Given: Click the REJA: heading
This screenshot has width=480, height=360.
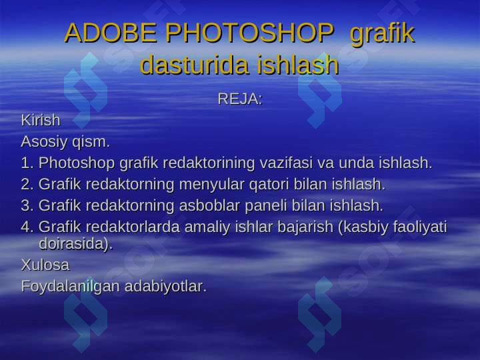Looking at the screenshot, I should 240,99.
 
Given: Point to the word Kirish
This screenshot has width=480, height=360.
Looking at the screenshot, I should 41,121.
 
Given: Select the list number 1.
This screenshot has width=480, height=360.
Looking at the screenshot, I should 27,163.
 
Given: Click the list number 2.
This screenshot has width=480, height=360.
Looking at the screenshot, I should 27,183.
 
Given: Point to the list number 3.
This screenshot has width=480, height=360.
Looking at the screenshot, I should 27,205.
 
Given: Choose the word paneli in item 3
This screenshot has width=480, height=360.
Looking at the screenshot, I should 283,205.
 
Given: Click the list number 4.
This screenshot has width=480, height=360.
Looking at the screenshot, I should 27,227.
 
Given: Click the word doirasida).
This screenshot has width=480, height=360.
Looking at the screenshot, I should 76,244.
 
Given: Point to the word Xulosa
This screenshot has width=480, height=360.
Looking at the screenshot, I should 45,265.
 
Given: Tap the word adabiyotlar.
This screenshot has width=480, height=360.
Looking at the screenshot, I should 166,287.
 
